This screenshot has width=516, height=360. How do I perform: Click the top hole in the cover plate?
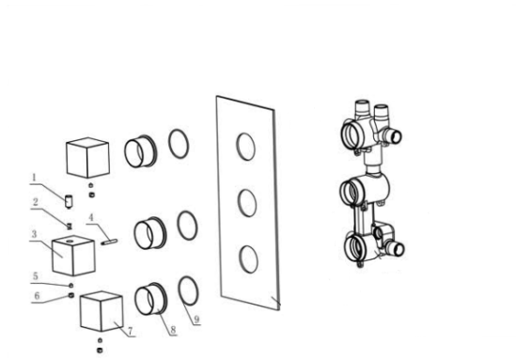pyautogui.click(x=244, y=146)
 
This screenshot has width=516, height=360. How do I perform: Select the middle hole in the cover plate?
pyautogui.click(x=246, y=202)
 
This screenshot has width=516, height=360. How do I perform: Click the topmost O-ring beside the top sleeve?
pyautogui.click(x=180, y=144)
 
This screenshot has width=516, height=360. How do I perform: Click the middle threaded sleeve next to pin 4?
pyautogui.click(x=149, y=231)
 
